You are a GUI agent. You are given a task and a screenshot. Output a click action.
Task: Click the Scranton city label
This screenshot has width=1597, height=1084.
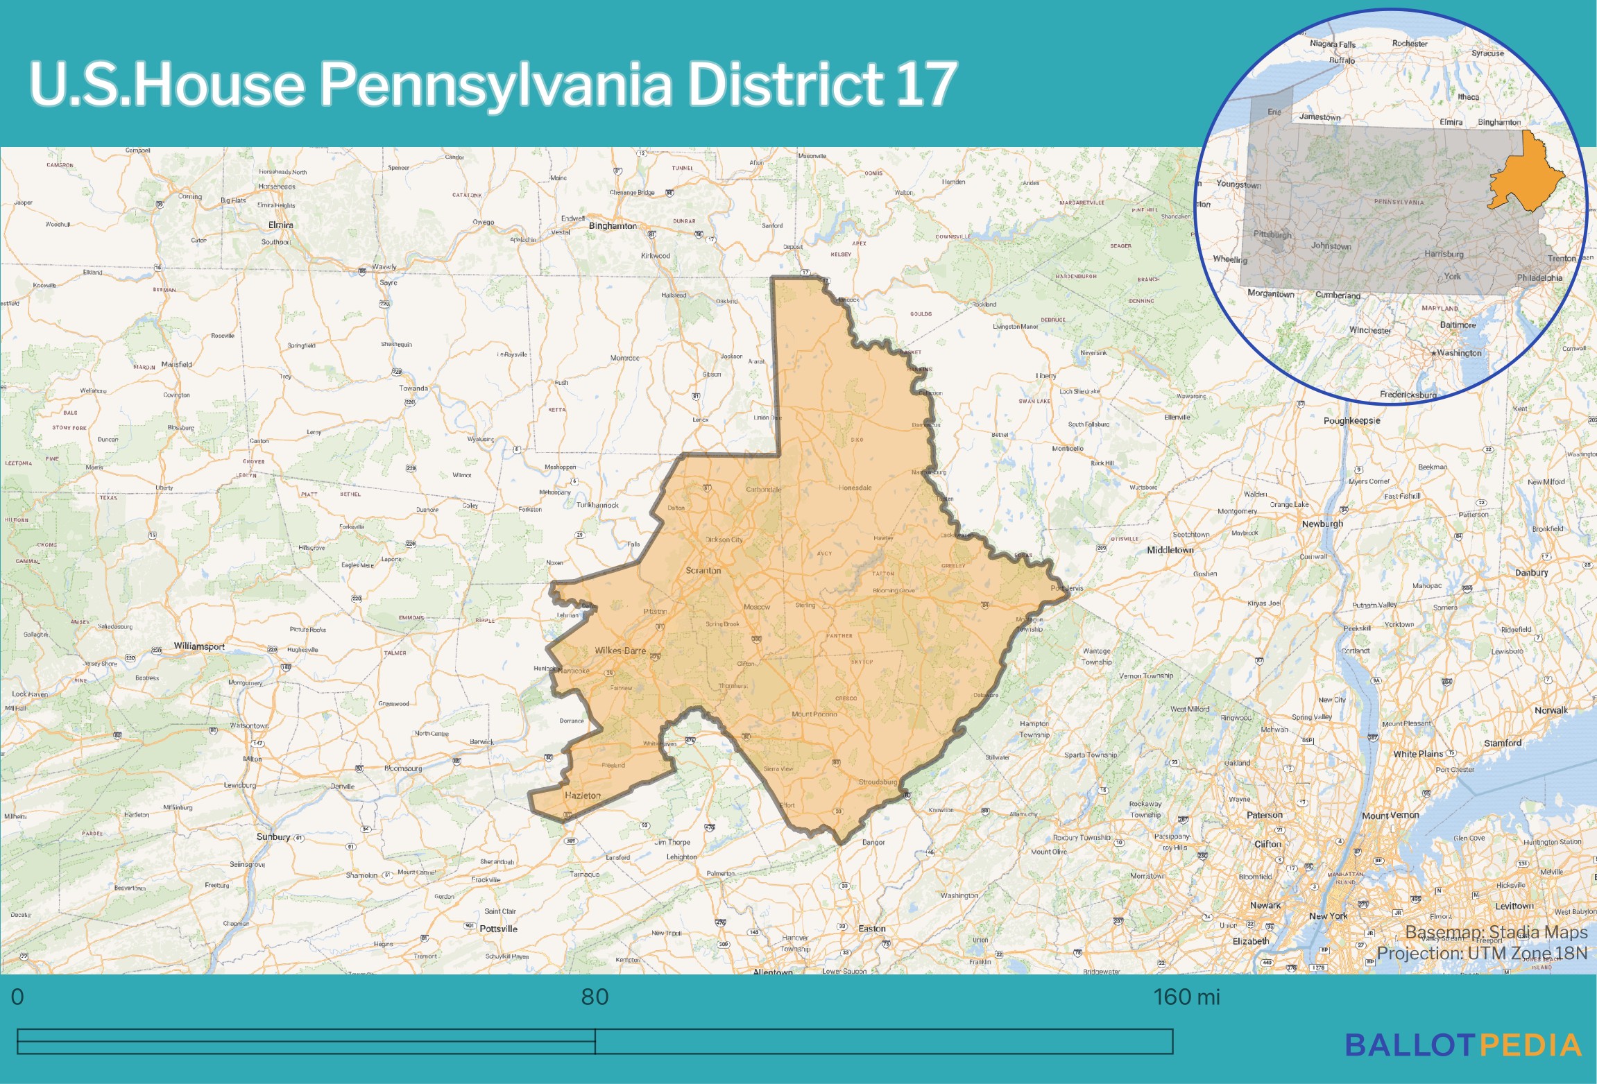coord(703,570)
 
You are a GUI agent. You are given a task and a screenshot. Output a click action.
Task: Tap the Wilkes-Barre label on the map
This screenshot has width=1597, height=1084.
coord(620,651)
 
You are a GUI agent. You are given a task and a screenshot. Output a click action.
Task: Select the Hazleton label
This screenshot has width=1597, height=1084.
coord(583,795)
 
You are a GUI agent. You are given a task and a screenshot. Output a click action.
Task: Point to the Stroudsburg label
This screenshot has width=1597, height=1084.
coord(878,782)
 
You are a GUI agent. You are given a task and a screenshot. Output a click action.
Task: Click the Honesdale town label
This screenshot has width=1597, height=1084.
coord(855,488)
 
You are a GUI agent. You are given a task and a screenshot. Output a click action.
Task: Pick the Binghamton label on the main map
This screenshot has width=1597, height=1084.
coord(613,225)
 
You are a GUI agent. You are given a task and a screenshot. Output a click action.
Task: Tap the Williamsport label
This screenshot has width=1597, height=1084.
coord(199,646)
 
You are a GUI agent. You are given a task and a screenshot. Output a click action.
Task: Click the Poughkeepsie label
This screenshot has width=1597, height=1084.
coord(1351,420)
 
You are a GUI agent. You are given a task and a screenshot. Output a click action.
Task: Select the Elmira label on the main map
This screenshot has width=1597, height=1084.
coord(280,225)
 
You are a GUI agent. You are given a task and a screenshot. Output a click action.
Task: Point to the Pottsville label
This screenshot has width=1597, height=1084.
coord(498,929)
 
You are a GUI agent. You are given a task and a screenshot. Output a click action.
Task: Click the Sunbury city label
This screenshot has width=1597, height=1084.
coord(273,836)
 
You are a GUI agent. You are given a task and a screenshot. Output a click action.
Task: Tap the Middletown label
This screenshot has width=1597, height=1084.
coord(1170,549)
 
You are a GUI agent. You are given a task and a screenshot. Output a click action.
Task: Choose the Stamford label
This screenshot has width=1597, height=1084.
coord(1503,743)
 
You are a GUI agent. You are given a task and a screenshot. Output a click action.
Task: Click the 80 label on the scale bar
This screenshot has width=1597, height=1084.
coord(595,997)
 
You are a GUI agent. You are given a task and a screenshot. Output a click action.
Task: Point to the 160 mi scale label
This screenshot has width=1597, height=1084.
coord(1186,997)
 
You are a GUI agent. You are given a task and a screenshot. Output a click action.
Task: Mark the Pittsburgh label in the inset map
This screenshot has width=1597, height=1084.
coord(1272,234)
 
